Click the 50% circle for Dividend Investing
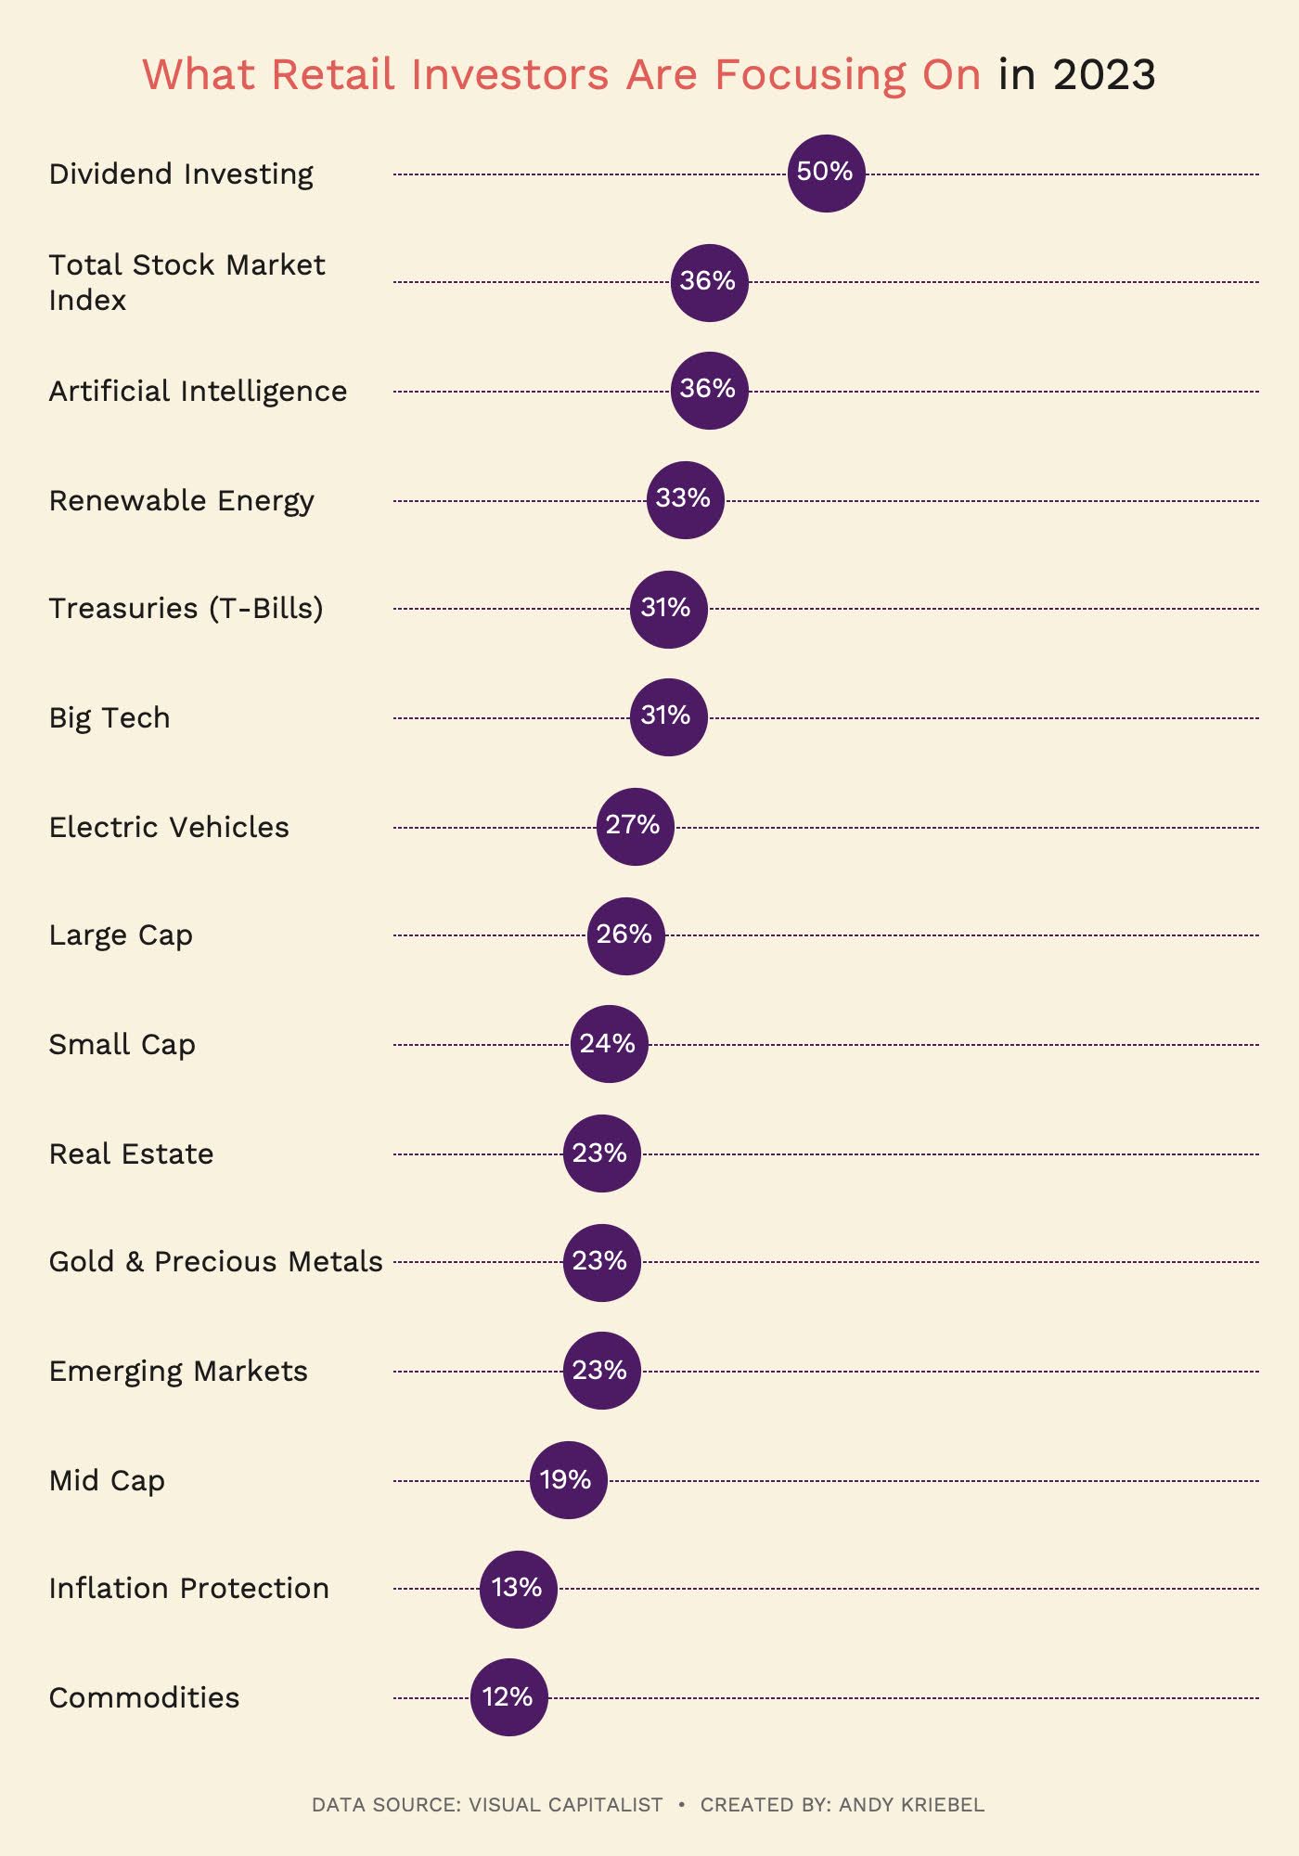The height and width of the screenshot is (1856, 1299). point(826,174)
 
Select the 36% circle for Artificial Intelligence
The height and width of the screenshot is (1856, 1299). point(709,391)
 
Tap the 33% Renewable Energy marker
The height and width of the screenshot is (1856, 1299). point(685,500)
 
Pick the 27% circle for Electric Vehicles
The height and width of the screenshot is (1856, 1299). point(635,827)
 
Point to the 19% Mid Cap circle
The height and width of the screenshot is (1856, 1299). point(568,1480)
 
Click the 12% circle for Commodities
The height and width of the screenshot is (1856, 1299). point(508,1697)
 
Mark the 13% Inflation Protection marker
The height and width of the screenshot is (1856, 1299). point(518,1589)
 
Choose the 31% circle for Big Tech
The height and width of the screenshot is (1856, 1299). point(668,717)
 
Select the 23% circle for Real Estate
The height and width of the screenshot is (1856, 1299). point(601,1154)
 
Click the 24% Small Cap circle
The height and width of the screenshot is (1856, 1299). point(609,1044)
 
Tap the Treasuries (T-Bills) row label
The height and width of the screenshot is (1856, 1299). point(186,609)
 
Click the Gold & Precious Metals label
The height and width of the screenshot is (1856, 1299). point(215,1262)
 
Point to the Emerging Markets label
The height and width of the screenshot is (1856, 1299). point(178,1372)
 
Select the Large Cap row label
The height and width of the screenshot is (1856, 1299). point(121,935)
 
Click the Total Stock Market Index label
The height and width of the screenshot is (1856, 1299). point(186,282)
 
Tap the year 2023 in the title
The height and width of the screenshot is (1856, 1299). point(1104,75)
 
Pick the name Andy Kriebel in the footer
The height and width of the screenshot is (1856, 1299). point(911,1805)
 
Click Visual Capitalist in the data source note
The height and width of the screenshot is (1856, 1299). point(565,1805)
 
